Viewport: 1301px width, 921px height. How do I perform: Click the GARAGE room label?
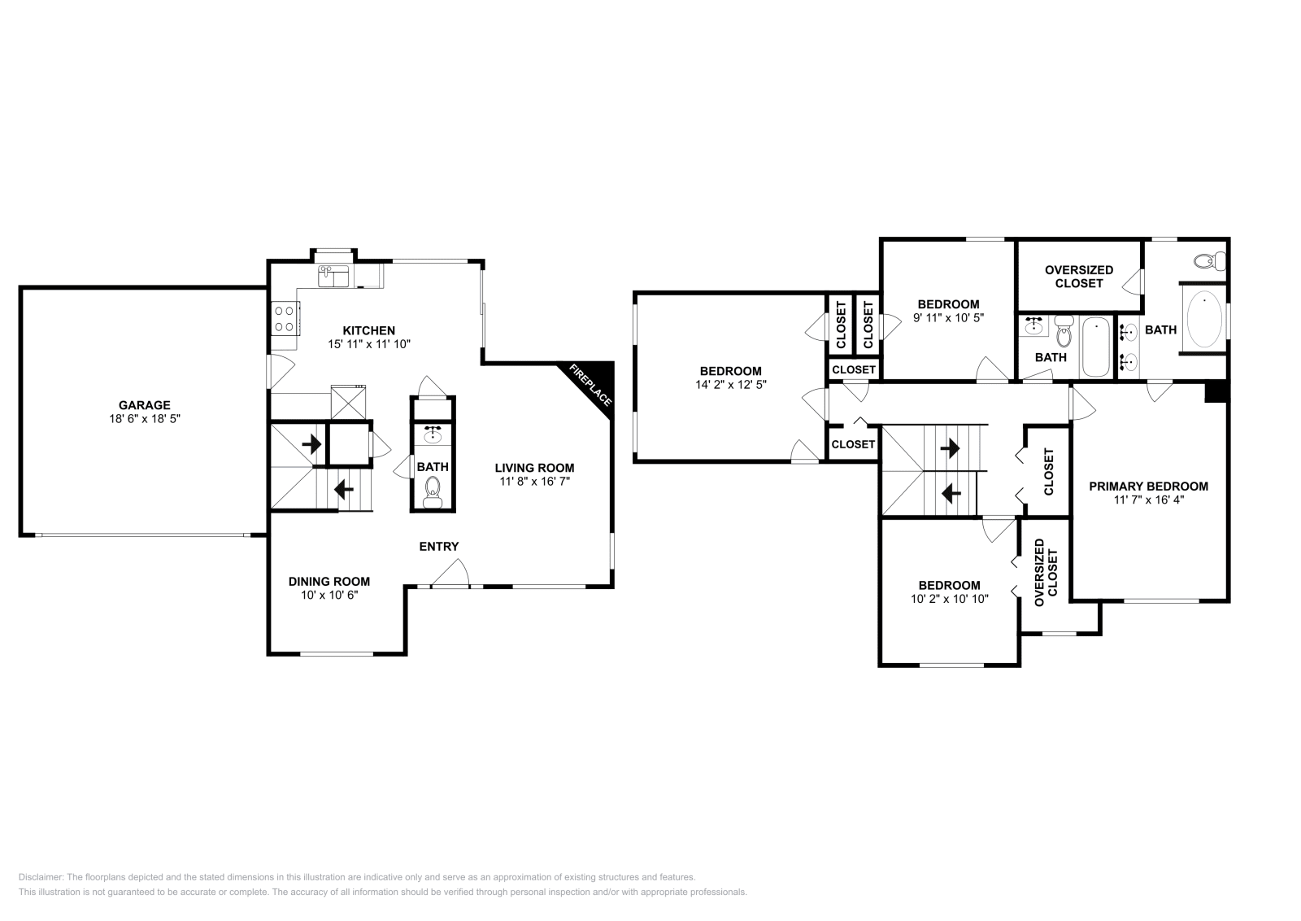click(144, 404)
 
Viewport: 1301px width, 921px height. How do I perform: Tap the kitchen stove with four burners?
click(285, 317)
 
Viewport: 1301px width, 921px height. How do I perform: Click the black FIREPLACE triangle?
click(593, 382)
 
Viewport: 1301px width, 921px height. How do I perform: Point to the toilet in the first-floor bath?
click(433, 489)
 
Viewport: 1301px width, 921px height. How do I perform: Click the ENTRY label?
click(438, 547)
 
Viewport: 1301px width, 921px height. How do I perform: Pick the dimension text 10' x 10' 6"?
click(329, 595)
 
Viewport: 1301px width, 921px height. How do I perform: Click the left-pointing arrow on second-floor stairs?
click(949, 493)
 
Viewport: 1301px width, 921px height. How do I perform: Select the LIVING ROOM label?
click(534, 468)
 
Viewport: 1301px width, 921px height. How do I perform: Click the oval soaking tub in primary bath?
click(1204, 319)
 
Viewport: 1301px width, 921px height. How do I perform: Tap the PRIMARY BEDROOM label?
click(1148, 487)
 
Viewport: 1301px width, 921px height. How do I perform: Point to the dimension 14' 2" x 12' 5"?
click(731, 385)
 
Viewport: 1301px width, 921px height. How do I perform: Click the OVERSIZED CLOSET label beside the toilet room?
click(1078, 277)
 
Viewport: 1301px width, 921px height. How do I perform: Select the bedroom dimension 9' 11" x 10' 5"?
click(948, 318)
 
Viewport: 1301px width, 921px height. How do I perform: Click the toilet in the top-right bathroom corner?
click(1209, 262)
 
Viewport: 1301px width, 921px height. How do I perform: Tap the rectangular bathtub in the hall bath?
click(1095, 348)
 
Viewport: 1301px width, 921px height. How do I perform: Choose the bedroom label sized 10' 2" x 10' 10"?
click(949, 585)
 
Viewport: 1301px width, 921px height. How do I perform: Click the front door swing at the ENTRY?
click(450, 576)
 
